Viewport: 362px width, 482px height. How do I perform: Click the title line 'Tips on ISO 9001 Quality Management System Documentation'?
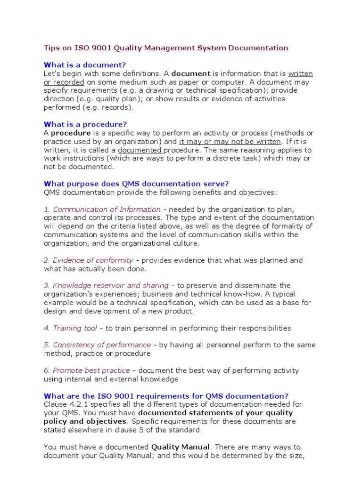tap(165, 48)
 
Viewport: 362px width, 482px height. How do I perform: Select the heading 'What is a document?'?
tap(85, 65)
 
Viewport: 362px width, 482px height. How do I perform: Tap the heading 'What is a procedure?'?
tap(85, 125)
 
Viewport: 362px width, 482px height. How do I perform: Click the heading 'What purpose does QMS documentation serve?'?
tap(136, 184)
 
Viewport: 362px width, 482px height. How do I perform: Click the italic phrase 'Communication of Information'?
tap(107, 209)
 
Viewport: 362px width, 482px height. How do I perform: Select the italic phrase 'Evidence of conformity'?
tap(92, 260)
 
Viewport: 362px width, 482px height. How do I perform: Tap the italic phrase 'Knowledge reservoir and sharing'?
tap(110, 286)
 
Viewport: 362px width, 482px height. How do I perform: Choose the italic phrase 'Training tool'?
tap(75, 328)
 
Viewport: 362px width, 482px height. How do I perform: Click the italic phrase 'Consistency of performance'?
tap(102, 345)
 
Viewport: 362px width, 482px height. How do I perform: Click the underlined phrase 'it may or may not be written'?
tap(230, 142)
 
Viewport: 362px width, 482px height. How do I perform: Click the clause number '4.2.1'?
tap(75, 404)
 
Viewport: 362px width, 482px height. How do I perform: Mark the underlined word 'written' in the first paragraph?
tap(300, 74)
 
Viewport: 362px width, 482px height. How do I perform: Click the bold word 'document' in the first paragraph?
tap(190, 74)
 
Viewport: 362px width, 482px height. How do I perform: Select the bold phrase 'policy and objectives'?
tap(85, 421)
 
